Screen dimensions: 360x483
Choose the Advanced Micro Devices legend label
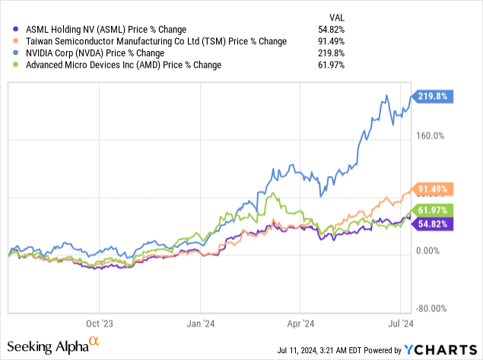pos(119,65)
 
